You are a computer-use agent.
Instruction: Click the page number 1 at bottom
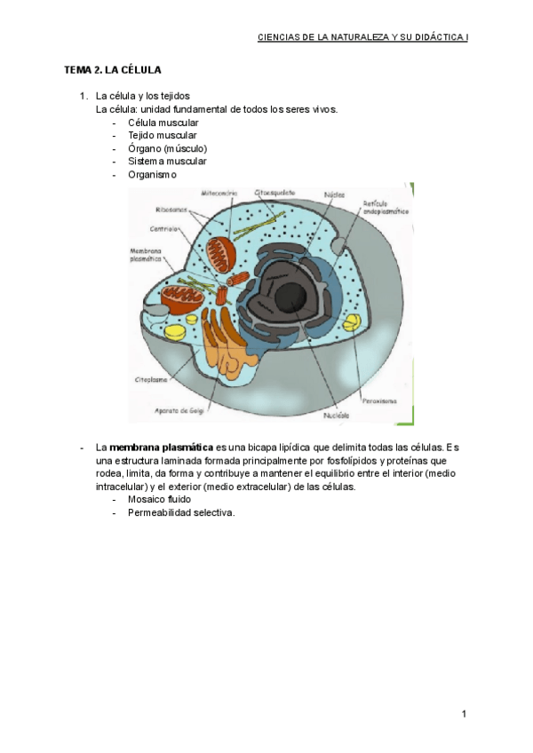pyautogui.click(x=464, y=713)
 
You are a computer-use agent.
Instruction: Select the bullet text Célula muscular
pyautogui.click(x=163, y=123)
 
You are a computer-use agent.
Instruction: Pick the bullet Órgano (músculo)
pyautogui.click(x=167, y=148)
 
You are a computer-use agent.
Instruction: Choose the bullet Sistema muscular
pyautogui.click(x=167, y=162)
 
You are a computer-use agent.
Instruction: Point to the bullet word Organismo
pyautogui.click(x=152, y=175)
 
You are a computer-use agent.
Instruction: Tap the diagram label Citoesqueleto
pyautogui.click(x=276, y=192)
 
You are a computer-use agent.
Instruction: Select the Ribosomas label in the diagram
pyautogui.click(x=171, y=210)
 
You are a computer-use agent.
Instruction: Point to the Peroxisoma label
pyautogui.click(x=378, y=400)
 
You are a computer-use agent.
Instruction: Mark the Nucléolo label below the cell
pyautogui.click(x=335, y=415)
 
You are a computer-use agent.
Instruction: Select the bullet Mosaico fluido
pyautogui.click(x=159, y=499)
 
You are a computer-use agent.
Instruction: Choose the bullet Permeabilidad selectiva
pyautogui.click(x=181, y=512)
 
